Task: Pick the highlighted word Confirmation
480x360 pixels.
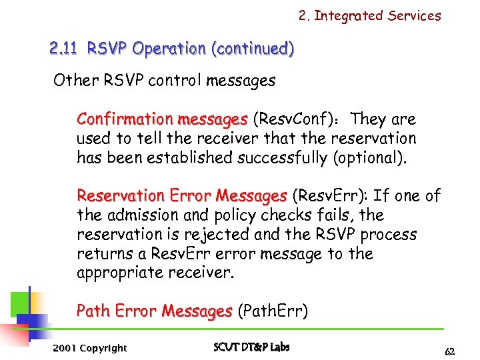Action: (x=124, y=119)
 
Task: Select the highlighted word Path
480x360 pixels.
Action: (x=93, y=311)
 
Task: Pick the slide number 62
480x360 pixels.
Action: (x=450, y=351)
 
